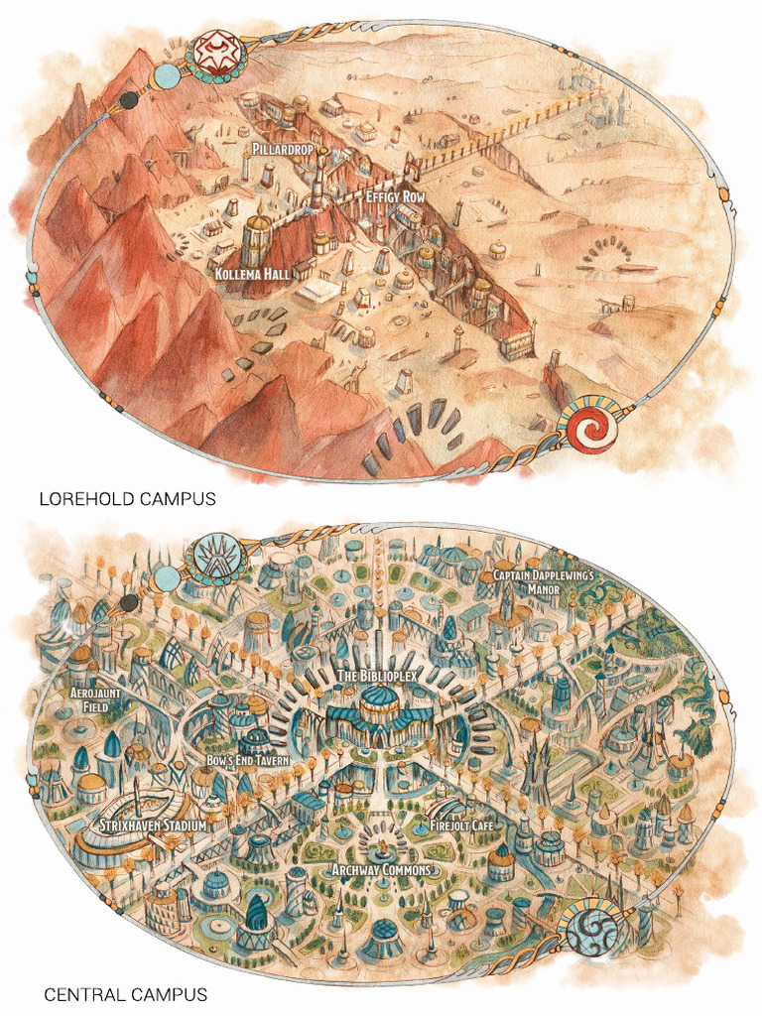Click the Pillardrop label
[x=281, y=150]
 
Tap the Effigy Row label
[x=395, y=197]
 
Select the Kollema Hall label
[x=251, y=272]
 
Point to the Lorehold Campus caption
[x=126, y=499]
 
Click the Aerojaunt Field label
[x=96, y=698]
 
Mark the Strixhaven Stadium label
[x=152, y=825]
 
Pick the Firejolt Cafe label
[x=461, y=825]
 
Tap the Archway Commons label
[x=381, y=870]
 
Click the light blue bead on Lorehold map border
[x=168, y=77]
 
